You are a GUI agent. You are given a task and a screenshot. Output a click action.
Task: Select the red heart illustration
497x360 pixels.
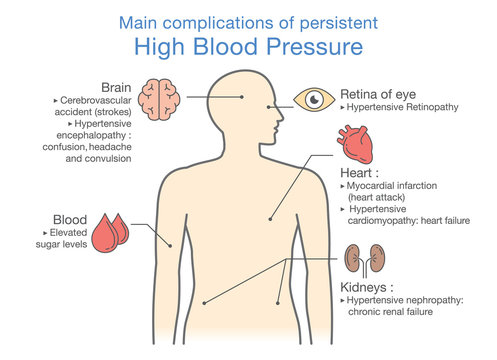click(357, 145)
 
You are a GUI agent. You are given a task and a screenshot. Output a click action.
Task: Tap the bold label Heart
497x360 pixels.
click(360, 172)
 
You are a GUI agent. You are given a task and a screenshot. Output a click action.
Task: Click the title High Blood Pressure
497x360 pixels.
click(248, 46)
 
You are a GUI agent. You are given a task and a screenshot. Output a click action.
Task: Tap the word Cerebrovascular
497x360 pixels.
click(92, 100)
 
